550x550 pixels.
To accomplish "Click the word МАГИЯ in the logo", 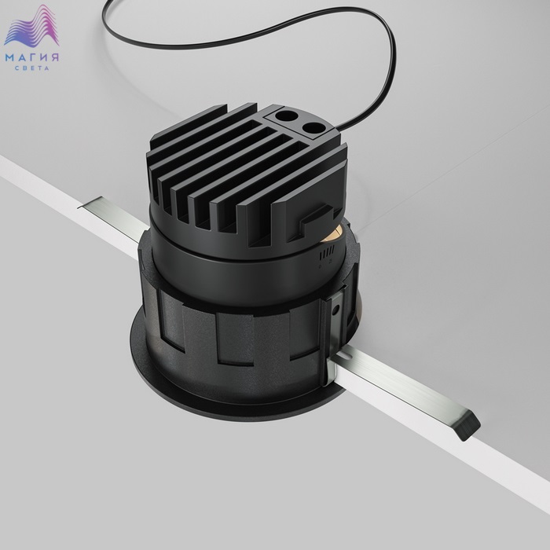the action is [x=31, y=57].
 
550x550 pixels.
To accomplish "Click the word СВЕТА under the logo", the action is [x=32, y=68].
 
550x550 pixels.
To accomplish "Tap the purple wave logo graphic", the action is [x=31, y=26].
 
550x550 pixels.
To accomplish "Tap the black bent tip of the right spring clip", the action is [x=467, y=426].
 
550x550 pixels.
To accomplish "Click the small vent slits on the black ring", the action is [x=327, y=252].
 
